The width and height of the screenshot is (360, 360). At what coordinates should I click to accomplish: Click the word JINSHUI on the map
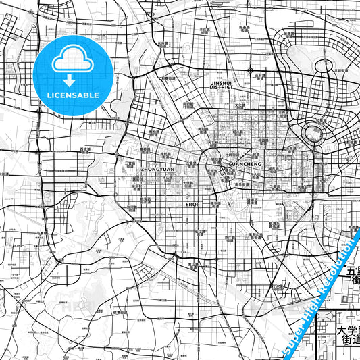(x=222, y=82)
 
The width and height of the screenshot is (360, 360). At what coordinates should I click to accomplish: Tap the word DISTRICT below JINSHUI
(x=222, y=87)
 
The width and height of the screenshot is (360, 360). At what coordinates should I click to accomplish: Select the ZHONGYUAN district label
(x=157, y=169)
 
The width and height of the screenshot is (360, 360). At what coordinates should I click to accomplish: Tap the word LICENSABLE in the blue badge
(x=73, y=95)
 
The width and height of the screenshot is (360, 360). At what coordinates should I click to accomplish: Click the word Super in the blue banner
(x=292, y=338)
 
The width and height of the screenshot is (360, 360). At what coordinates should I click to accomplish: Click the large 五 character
(x=353, y=272)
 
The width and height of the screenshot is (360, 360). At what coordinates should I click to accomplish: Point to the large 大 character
(x=342, y=332)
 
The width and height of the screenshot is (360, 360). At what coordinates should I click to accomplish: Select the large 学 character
(x=355, y=332)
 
